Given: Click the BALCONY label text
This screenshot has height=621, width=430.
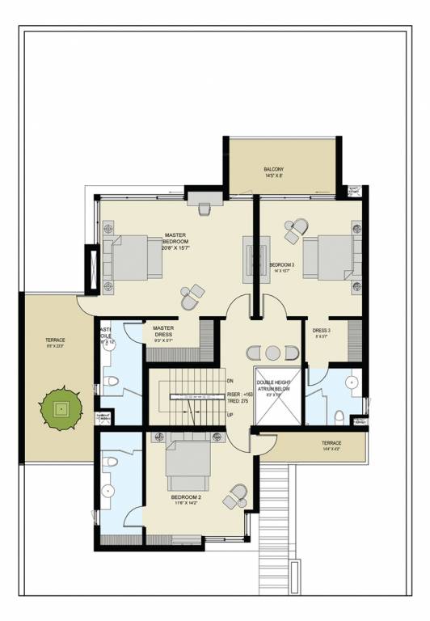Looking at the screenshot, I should [x=273, y=170].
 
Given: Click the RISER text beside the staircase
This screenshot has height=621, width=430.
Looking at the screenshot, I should [x=241, y=394].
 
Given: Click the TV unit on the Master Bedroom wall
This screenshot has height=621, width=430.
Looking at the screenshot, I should [x=250, y=258].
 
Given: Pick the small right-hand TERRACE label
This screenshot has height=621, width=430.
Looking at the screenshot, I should [x=331, y=443].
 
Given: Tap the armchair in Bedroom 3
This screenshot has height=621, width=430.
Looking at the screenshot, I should [x=296, y=230].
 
